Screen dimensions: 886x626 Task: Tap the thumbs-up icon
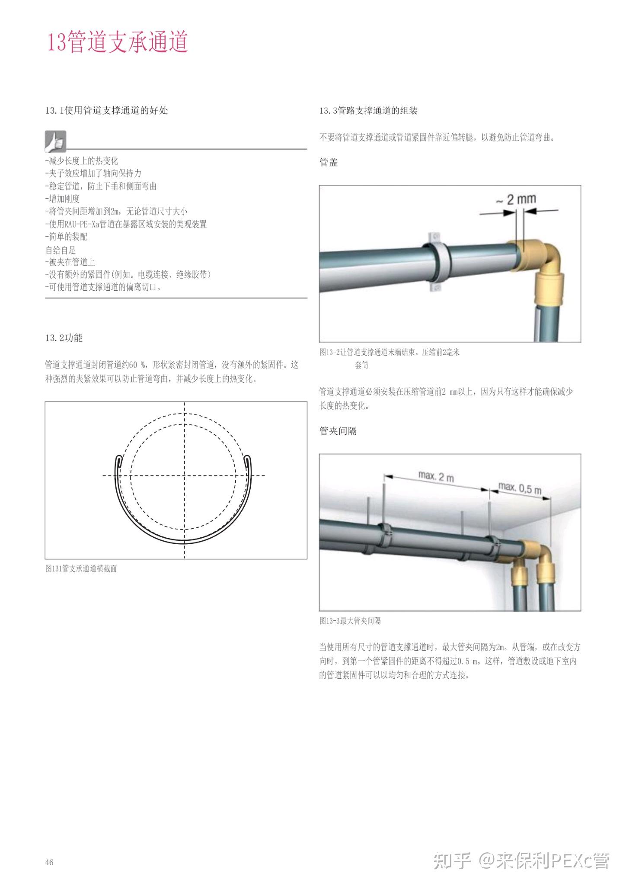pyautogui.click(x=55, y=141)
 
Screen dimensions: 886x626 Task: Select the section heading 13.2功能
pyautogui.click(x=64, y=338)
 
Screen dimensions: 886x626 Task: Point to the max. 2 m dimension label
pyautogui.click(x=436, y=477)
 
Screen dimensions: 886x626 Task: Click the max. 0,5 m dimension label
pyautogui.click(x=520, y=488)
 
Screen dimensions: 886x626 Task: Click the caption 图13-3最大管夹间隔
pyautogui.click(x=350, y=621)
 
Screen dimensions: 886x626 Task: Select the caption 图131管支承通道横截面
pyautogui.click(x=81, y=568)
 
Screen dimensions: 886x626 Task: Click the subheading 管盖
pyautogui.click(x=328, y=163)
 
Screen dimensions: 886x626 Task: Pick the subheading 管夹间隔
pyautogui.click(x=338, y=431)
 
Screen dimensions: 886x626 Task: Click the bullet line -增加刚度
pyautogui.click(x=62, y=199)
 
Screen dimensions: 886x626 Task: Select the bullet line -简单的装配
pyautogui.click(x=66, y=237)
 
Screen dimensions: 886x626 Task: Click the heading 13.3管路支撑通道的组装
pyautogui.click(x=368, y=111)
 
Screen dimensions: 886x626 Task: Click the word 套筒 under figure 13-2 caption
pyautogui.click(x=361, y=365)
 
